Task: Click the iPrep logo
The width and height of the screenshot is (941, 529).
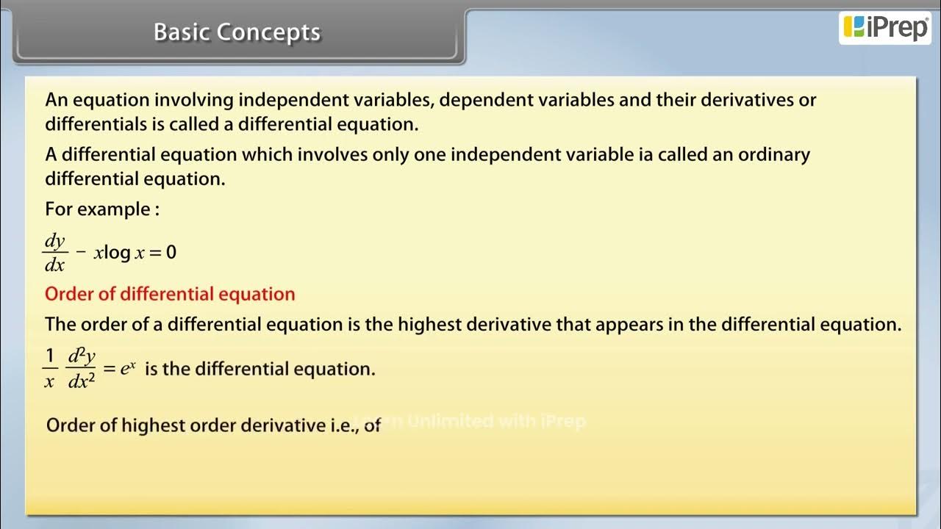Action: coord(885,28)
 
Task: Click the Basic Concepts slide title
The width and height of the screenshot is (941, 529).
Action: coord(237,32)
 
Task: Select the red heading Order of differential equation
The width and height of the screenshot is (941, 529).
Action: coord(170,294)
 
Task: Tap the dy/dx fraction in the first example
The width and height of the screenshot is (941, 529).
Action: coord(55,253)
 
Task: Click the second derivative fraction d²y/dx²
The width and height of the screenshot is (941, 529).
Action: coord(82,369)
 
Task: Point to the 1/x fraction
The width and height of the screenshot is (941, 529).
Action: coord(49,369)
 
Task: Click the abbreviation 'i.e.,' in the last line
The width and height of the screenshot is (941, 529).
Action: coord(342,425)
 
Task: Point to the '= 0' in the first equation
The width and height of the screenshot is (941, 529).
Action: coord(162,253)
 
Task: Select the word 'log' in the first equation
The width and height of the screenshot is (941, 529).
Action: coord(117,253)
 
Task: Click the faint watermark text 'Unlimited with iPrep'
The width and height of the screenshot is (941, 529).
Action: coord(496,421)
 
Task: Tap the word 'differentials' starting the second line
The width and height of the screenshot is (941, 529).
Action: coord(96,124)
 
